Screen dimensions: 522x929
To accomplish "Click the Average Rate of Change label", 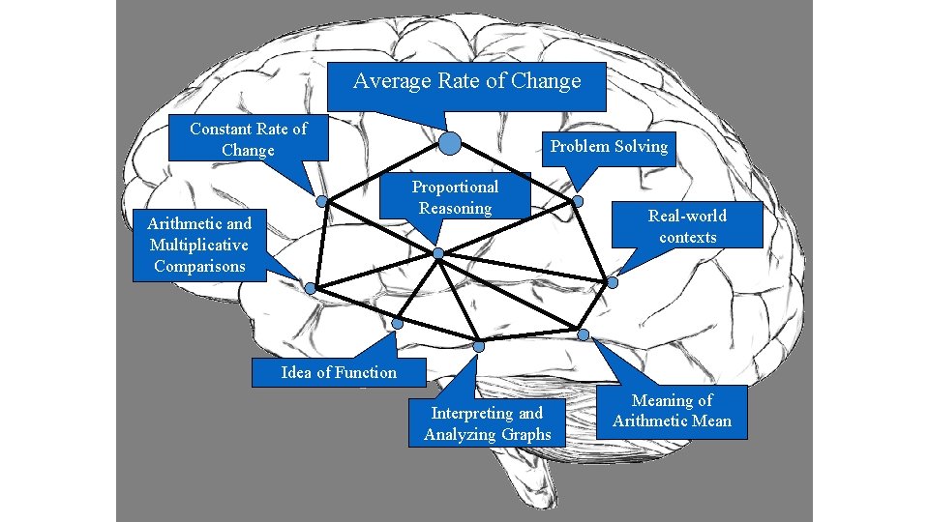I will (x=467, y=82).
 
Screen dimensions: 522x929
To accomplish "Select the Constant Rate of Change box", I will (x=248, y=139).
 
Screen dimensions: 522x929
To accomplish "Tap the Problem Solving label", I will (x=609, y=147).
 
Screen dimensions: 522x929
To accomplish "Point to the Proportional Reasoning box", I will (x=455, y=197).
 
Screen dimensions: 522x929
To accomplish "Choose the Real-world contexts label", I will (x=687, y=226).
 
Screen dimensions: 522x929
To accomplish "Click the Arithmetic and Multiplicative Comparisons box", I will (x=198, y=246).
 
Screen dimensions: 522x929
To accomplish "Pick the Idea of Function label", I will (x=338, y=372).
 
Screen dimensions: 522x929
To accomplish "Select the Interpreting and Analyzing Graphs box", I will (x=487, y=424).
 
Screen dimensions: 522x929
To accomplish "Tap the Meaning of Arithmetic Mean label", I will (x=672, y=411).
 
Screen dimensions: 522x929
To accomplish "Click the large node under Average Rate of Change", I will (x=450, y=144).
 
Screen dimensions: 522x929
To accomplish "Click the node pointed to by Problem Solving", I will (x=578, y=201).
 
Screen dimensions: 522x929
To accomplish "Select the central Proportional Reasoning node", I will (x=437, y=253).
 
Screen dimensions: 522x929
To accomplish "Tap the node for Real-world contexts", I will (x=612, y=282).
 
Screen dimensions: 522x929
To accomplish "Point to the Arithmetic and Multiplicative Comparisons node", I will (x=310, y=288).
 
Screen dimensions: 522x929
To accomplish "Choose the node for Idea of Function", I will (x=397, y=323).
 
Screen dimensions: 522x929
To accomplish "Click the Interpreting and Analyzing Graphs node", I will (x=479, y=346).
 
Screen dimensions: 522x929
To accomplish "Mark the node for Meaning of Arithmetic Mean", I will (x=583, y=334).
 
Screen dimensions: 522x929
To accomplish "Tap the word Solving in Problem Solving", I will (x=641, y=147).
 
